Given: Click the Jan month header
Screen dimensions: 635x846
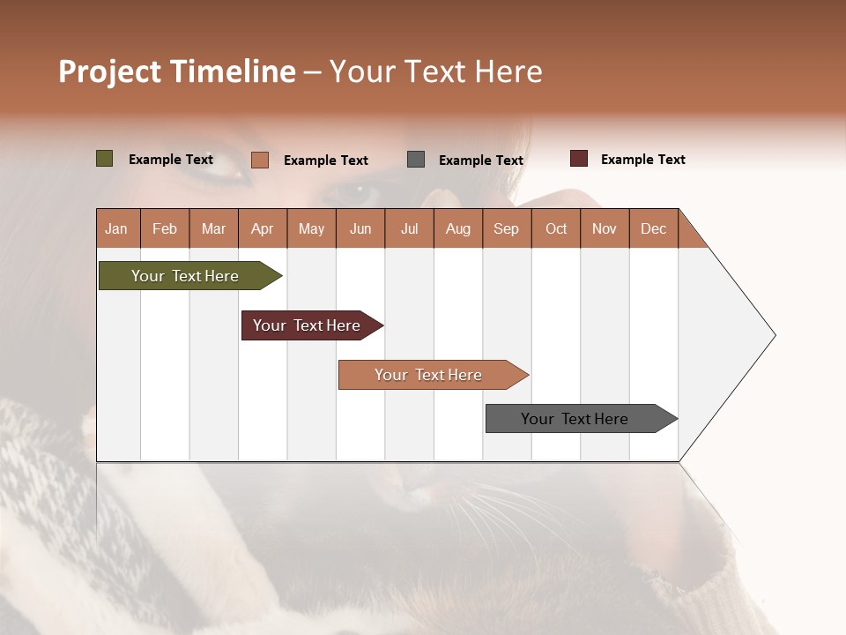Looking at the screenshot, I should point(116,229).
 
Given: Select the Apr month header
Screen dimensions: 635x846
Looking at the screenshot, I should point(262,229).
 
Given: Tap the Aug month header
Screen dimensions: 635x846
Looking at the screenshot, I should point(457,229).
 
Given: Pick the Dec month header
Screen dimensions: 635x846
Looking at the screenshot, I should point(653,229).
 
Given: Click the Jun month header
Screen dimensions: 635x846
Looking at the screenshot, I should point(360,229).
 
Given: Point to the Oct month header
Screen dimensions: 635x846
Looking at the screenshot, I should point(555,229).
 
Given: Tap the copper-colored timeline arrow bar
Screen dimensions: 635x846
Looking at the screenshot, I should point(430,375).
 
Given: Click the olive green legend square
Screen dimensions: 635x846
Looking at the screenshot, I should point(104,159).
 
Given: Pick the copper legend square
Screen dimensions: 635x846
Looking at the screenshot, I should point(259,160).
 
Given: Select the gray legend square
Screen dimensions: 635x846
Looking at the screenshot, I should point(415,160).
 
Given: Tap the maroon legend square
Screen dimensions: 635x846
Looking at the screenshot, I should point(578,159).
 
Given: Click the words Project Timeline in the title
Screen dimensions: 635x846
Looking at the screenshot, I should point(176,71).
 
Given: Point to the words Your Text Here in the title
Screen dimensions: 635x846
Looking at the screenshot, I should point(435,71).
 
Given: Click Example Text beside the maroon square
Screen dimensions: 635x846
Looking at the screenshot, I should point(642,160).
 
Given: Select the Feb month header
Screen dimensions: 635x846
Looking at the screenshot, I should point(164,229).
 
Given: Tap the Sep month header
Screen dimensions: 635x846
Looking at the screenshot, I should point(506,229).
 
